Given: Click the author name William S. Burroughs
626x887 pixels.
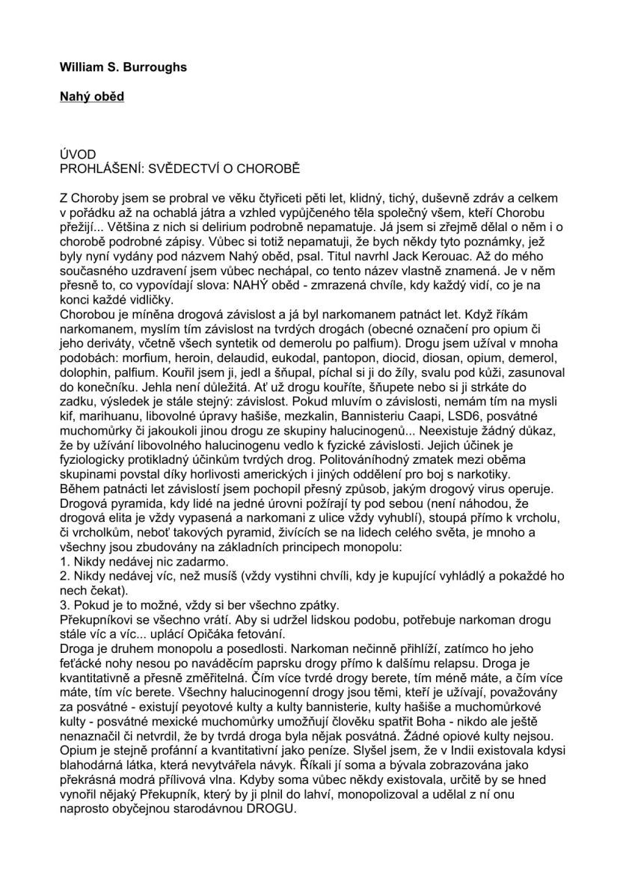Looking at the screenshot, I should coord(123,67).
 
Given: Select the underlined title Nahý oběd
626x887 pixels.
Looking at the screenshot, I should coord(92,96).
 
